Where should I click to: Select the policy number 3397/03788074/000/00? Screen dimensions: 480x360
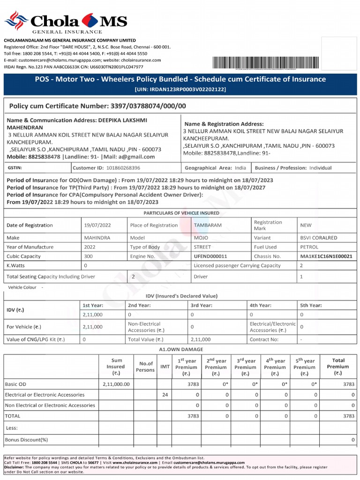coord(149,106)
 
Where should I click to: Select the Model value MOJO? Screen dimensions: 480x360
coord(202,238)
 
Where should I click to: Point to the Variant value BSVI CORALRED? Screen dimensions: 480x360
coord(318,238)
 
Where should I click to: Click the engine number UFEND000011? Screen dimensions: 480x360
coord(210,256)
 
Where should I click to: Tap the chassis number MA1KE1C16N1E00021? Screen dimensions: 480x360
coord(326,256)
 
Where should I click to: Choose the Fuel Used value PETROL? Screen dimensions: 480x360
coord(309,247)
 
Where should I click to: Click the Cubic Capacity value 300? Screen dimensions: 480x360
coord(89,256)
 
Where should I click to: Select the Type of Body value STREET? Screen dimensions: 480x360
coord(202,247)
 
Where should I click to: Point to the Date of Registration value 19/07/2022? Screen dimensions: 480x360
coord(97,225)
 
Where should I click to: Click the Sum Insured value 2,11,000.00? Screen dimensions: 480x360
coord(116,384)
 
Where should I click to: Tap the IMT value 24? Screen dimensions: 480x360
coord(165,395)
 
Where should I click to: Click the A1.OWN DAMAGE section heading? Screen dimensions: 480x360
coord(181,349)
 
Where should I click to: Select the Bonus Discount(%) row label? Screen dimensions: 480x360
coord(26,440)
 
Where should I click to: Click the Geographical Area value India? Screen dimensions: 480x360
coord(240,167)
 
